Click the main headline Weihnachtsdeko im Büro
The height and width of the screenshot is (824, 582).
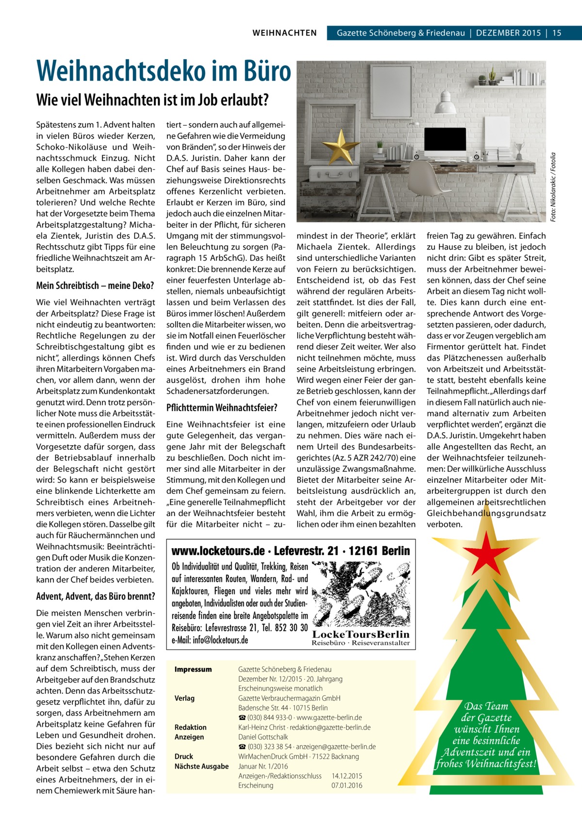pos(163,71)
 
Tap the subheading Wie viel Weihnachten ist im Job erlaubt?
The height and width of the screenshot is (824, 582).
pos(152,100)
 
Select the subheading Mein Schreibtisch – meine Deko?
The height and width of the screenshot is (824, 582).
pos(95,285)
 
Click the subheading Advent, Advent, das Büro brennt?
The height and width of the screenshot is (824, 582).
pos(96,596)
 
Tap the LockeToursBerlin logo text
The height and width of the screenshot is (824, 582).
pos(361,635)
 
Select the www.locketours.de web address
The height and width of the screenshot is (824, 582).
pos(218,551)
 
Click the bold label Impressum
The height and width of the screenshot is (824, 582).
pos(193,669)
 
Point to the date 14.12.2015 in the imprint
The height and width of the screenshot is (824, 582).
pos(347,776)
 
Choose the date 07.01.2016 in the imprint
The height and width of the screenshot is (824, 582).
pos(347,786)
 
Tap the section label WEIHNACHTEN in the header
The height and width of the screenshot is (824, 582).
pos(285,33)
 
